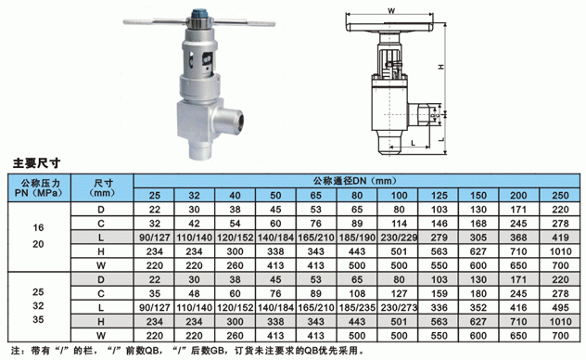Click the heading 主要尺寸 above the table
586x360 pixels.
point(36,163)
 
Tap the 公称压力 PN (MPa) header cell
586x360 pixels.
point(39,188)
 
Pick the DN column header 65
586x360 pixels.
point(316,195)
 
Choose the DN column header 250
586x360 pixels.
point(560,195)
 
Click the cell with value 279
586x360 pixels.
point(439,238)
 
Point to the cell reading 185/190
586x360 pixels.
point(357,238)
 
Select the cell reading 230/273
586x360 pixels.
point(399,308)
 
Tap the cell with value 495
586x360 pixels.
point(560,308)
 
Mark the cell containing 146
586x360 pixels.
point(439,224)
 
